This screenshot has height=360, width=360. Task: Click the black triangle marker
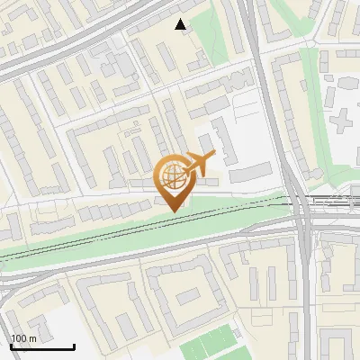tap(181, 24)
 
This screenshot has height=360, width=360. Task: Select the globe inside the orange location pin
tap(171, 175)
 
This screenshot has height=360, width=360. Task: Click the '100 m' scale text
tap(23, 338)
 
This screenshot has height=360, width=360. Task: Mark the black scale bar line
tap(42, 346)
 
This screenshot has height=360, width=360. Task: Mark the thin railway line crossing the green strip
tap(135, 231)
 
